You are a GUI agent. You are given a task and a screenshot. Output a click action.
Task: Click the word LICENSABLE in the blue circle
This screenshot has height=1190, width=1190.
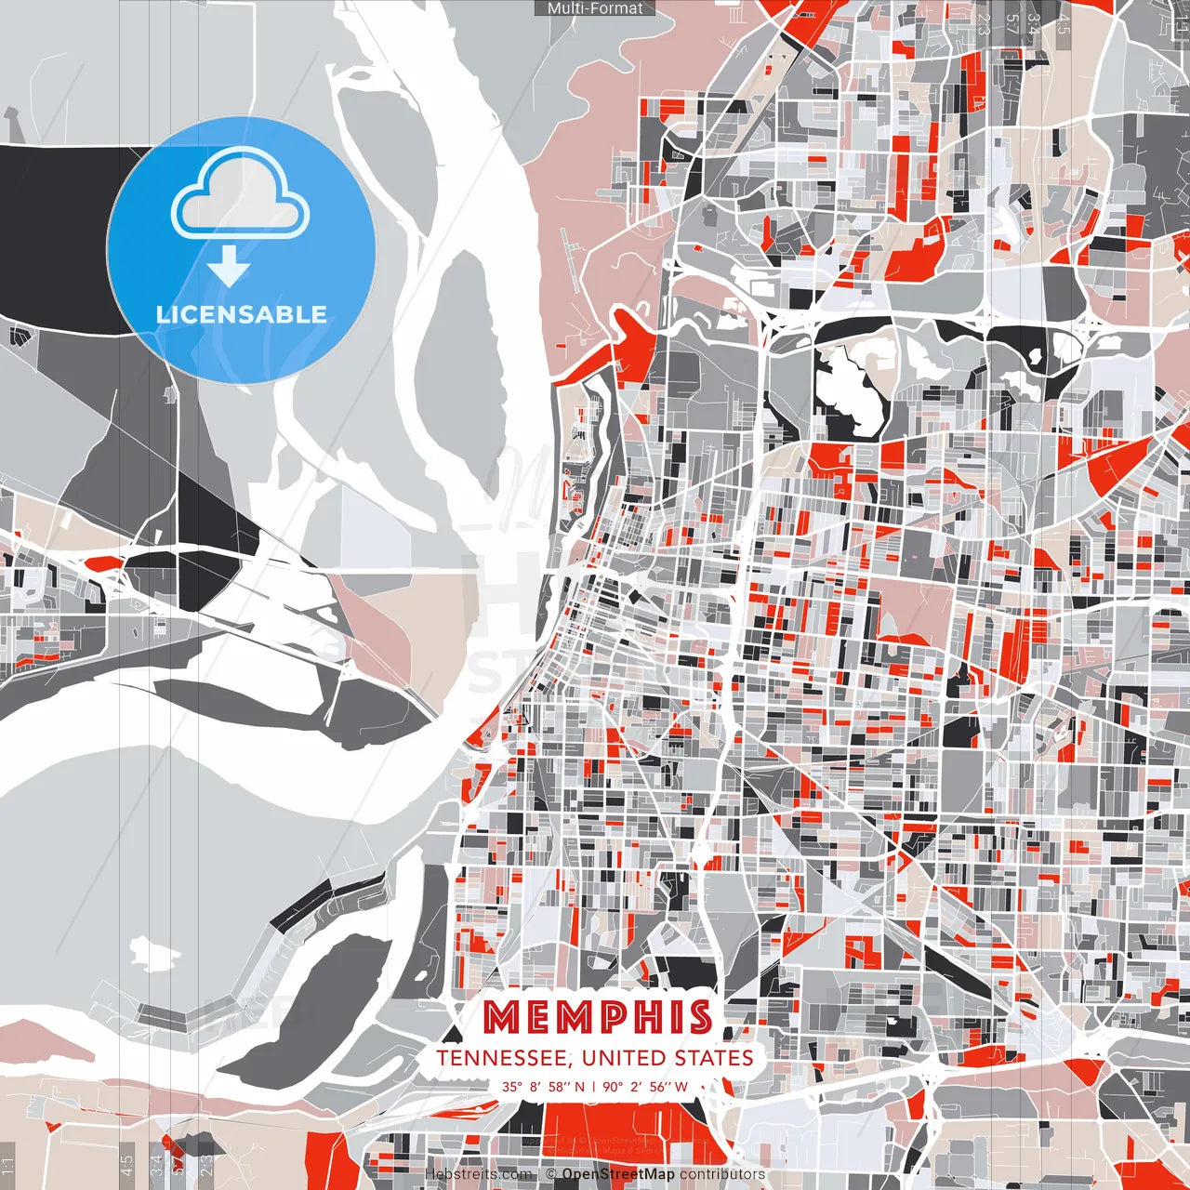(x=241, y=314)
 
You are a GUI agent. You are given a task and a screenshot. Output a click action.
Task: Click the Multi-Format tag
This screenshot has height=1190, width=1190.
(x=595, y=8)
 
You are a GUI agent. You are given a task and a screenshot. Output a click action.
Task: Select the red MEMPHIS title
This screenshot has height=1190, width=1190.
(x=598, y=1018)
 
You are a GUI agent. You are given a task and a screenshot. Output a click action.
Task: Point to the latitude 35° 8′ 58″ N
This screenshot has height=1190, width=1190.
(x=544, y=1086)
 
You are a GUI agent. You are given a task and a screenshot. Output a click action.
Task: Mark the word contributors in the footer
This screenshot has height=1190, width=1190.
(x=722, y=1174)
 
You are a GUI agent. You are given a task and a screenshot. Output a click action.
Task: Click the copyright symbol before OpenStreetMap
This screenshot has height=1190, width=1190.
(x=551, y=1174)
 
